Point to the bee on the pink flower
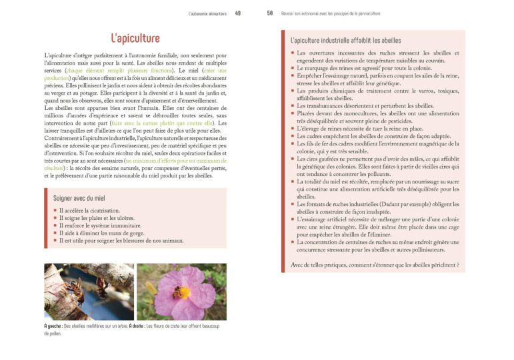click(x=177, y=292)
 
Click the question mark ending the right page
click(x=458, y=265)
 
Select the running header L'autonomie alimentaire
click(x=207, y=13)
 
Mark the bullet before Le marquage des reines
click(x=292, y=68)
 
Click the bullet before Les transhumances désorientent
click(x=292, y=105)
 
